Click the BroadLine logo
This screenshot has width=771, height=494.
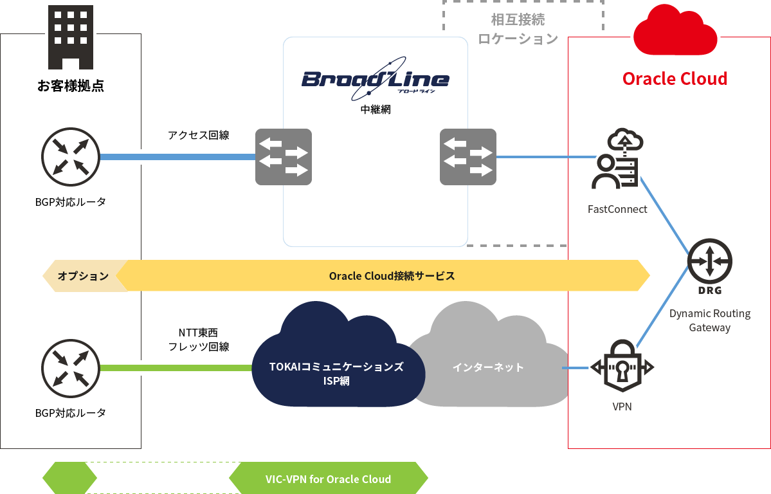point(376,80)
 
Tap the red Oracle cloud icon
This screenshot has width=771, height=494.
point(675,31)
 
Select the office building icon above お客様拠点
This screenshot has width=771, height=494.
point(71,37)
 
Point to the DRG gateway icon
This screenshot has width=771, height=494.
point(709,262)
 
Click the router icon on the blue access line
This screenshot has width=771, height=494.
point(71,156)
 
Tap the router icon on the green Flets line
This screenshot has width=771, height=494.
point(71,368)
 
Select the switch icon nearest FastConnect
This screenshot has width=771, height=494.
point(468,157)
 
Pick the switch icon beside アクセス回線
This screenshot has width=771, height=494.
point(284,157)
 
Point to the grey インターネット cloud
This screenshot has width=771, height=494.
point(488,367)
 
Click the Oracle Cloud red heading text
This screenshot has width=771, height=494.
point(675,79)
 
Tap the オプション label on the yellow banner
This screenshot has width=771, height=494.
point(83,276)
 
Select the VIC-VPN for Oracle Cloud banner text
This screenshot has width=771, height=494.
point(328,479)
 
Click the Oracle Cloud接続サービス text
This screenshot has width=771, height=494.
point(392,276)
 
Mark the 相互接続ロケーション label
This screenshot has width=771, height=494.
point(518,30)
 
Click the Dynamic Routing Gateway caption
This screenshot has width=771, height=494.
point(709,320)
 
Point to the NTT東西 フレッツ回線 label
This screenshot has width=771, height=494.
point(198,340)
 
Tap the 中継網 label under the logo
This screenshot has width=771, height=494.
point(376,110)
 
